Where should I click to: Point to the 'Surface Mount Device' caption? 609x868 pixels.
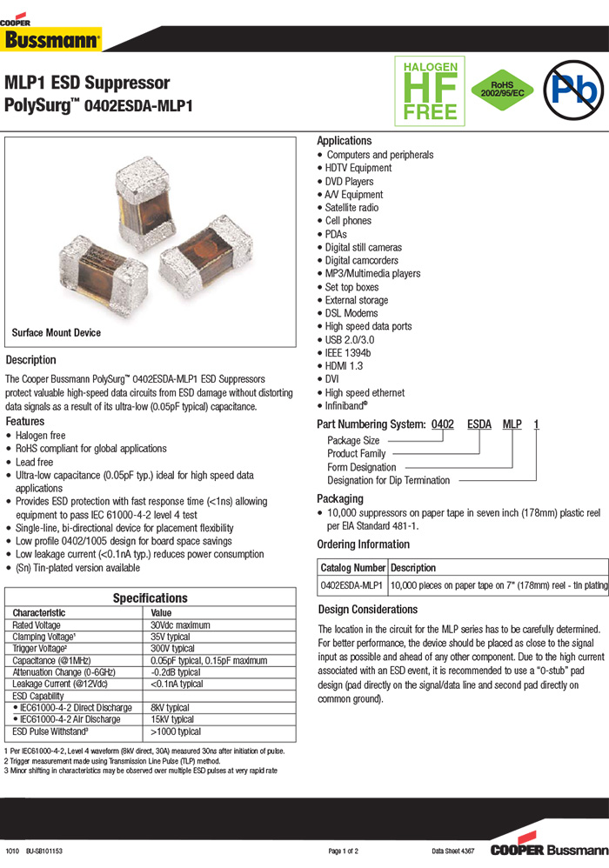click(x=56, y=332)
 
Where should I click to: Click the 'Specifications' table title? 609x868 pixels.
click(x=150, y=598)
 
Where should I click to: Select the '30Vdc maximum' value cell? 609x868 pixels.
click(x=180, y=624)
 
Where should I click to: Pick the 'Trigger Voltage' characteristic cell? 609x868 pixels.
click(x=39, y=648)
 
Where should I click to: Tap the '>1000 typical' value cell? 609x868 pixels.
click(x=176, y=731)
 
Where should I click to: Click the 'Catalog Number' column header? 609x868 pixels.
click(x=352, y=567)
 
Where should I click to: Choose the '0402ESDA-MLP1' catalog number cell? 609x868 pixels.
click(x=352, y=586)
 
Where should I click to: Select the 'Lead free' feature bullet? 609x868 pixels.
click(x=34, y=462)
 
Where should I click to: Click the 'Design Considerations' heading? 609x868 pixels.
click(x=368, y=610)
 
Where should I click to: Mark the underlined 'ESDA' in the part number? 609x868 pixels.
click(x=479, y=424)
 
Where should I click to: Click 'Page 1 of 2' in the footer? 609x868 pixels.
click(x=344, y=850)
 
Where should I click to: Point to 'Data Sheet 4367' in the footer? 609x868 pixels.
click(x=452, y=850)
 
